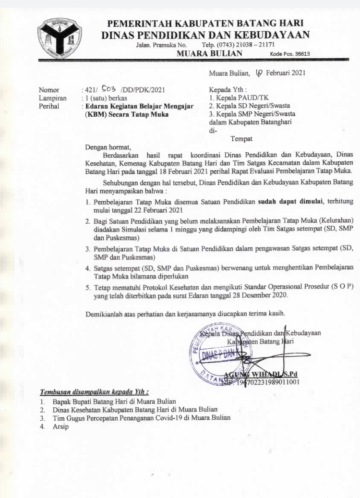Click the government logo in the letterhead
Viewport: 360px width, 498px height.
(x=60, y=38)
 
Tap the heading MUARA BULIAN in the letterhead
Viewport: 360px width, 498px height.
(x=210, y=53)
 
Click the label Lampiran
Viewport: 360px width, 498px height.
(x=52, y=97)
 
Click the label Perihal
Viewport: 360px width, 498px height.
(x=48, y=105)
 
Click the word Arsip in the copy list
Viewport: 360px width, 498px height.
(x=61, y=425)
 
